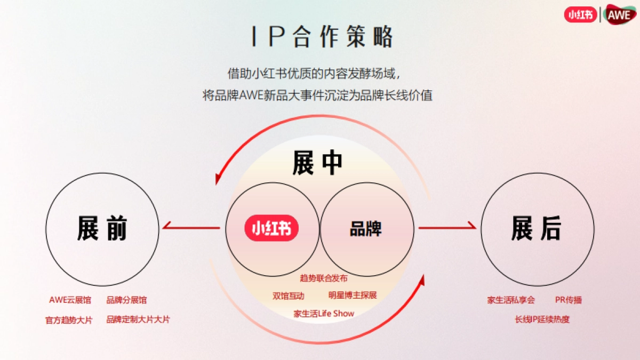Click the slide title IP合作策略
click(322, 37)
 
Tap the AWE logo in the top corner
click(621, 14)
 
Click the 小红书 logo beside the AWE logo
click(581, 14)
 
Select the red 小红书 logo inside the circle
click(271, 228)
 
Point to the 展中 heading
click(317, 163)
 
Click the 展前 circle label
click(102, 228)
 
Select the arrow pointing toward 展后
click(447, 228)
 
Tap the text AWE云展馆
click(70, 300)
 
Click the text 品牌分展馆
click(126, 300)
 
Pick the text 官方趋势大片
click(69, 320)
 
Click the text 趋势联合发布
click(324, 278)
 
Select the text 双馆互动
click(289, 295)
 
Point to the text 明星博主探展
click(353, 295)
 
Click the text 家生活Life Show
click(324, 313)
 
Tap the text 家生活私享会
click(511, 300)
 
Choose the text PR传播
click(569, 300)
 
